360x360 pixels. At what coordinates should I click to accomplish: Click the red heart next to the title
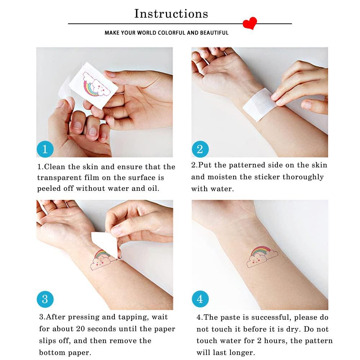(x=249, y=23)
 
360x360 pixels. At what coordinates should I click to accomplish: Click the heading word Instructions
(x=171, y=14)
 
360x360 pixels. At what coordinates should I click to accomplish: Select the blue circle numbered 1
(x=45, y=149)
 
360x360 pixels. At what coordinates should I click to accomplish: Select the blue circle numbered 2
(x=200, y=149)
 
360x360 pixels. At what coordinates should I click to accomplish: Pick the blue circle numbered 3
(x=45, y=299)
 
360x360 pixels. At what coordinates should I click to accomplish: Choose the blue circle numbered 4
(x=200, y=299)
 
